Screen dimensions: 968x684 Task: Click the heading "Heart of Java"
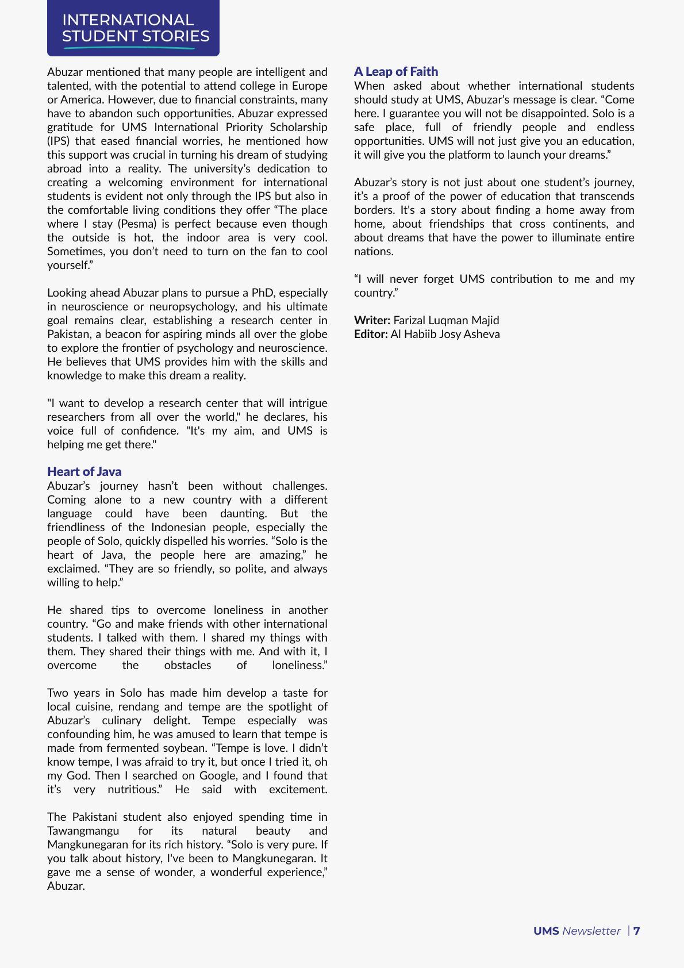[84, 472]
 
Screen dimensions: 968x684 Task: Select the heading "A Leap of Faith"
[395, 72]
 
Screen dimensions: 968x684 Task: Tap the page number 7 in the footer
[637, 931]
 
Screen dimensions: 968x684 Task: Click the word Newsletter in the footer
[591, 931]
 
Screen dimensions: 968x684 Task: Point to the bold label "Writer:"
[372, 320]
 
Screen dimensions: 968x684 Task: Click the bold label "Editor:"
[371, 334]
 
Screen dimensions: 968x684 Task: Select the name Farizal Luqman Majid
[446, 320]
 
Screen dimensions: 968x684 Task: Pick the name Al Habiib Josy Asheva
[445, 334]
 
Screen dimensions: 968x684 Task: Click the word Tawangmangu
[83, 831]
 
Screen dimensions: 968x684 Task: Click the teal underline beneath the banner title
[129, 48]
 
